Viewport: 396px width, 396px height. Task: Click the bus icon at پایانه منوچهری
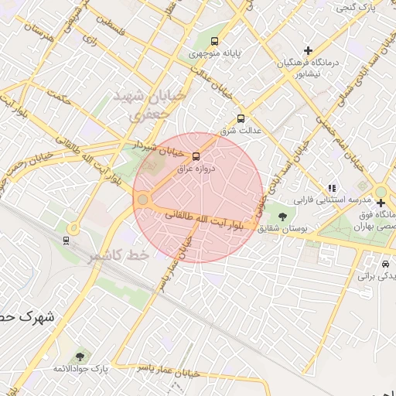point(214,42)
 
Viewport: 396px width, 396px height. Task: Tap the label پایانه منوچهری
point(214,56)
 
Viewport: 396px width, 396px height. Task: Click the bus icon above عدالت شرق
point(241,118)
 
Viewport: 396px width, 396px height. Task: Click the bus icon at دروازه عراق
point(196,155)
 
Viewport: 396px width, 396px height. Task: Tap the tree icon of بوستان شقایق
point(281,217)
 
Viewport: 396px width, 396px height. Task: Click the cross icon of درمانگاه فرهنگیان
point(309,49)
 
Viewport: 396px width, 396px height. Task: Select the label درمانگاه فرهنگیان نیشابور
point(309,68)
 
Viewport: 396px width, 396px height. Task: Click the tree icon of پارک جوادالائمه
point(79,357)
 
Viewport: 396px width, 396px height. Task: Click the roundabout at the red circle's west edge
point(142,200)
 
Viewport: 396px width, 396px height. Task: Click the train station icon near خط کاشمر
point(65,240)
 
